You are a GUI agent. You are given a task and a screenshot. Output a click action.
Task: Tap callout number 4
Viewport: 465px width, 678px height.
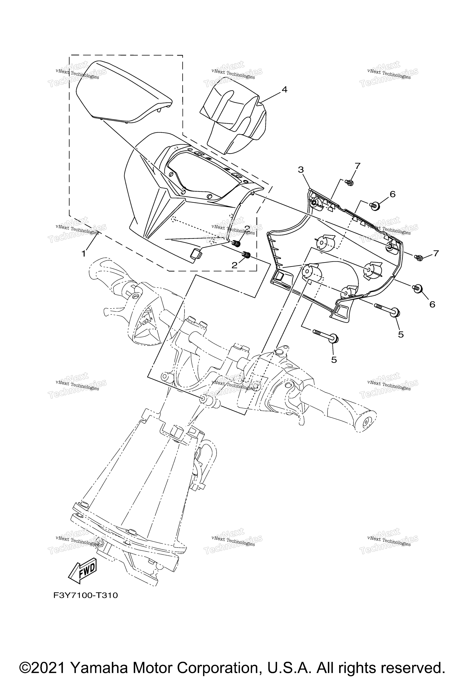coord(284,90)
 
